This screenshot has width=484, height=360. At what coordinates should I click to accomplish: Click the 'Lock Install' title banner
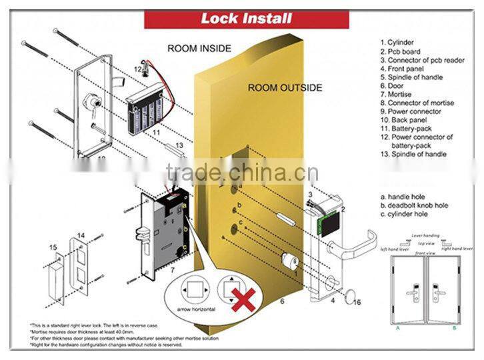click(x=247, y=19)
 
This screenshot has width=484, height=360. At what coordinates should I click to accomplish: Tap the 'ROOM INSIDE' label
click(x=199, y=49)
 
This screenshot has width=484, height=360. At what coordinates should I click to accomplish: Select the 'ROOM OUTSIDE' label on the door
click(x=285, y=87)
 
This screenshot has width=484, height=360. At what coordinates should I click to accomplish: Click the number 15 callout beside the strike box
click(x=55, y=247)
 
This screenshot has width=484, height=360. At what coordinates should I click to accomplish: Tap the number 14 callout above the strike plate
click(x=81, y=235)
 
